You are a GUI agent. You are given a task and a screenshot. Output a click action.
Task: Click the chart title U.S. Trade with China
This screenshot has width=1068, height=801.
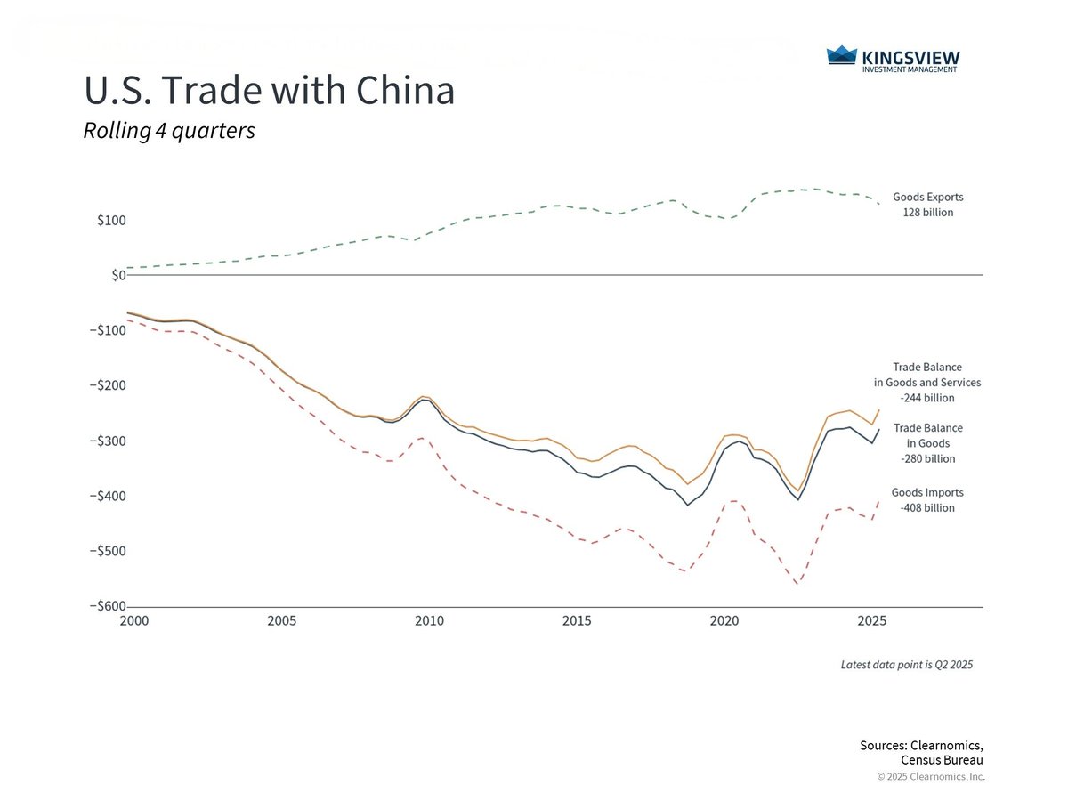(269, 91)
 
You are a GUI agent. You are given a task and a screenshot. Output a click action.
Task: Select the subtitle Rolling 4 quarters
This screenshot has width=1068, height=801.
(169, 131)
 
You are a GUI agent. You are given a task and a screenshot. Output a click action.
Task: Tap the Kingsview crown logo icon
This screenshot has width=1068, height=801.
(841, 57)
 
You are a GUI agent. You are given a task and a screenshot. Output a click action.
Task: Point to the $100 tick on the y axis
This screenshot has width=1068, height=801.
(112, 221)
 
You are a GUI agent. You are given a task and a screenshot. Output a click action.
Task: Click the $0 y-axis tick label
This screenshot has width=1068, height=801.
(117, 275)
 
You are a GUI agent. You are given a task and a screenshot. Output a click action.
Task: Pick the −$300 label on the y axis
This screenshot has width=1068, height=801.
(108, 441)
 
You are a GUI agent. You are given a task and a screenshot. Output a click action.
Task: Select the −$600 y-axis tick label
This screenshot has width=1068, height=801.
(108, 606)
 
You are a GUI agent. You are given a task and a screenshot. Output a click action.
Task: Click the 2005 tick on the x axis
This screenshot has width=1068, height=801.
(281, 620)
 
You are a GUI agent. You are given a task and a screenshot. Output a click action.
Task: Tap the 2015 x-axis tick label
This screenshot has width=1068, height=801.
(577, 620)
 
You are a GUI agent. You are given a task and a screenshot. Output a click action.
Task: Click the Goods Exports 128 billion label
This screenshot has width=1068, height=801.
(927, 205)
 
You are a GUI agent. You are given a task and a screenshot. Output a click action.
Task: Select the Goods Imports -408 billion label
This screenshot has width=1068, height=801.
(927, 500)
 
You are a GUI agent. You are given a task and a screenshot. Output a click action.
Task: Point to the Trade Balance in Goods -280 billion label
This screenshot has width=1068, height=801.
(927, 443)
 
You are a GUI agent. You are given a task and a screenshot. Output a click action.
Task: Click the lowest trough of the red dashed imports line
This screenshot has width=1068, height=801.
(797, 585)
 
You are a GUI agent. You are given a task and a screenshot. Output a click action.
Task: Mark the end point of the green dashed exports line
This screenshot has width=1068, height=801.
(878, 205)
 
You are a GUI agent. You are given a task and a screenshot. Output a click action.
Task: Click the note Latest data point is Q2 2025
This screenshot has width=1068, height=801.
(907, 665)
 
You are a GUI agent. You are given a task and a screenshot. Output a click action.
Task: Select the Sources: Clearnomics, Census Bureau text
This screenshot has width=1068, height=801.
(921, 753)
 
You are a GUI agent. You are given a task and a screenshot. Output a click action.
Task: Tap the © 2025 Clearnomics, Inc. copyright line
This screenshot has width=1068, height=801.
(931, 777)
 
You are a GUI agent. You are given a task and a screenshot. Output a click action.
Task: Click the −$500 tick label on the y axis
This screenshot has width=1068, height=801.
(108, 551)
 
